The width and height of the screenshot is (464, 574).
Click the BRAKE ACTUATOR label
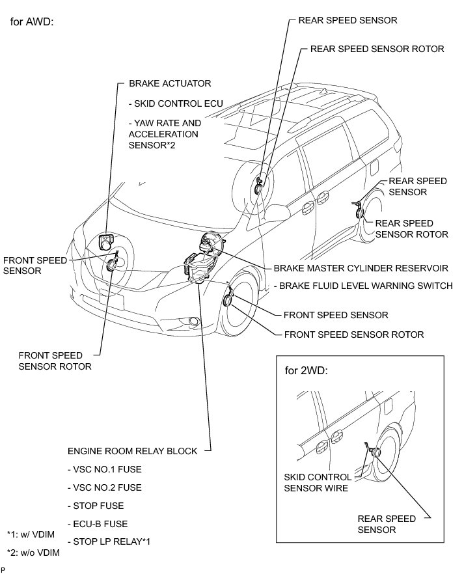170,84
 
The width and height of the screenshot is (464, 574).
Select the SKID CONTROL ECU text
176,103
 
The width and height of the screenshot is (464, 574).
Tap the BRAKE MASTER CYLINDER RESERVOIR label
361,267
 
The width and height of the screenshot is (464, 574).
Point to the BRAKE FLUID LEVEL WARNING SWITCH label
365,286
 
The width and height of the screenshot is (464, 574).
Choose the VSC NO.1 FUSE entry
104,469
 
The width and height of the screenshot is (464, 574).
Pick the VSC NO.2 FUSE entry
104,487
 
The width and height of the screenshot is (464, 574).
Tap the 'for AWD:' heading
32,21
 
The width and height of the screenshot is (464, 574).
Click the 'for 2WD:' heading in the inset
307,371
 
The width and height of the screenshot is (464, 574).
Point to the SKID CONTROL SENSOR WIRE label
316,482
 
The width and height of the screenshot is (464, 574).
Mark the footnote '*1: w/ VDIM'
31,534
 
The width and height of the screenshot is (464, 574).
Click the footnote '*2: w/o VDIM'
33,553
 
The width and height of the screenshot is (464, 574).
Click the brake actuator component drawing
106,243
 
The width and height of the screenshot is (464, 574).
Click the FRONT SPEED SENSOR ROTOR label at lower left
55,361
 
